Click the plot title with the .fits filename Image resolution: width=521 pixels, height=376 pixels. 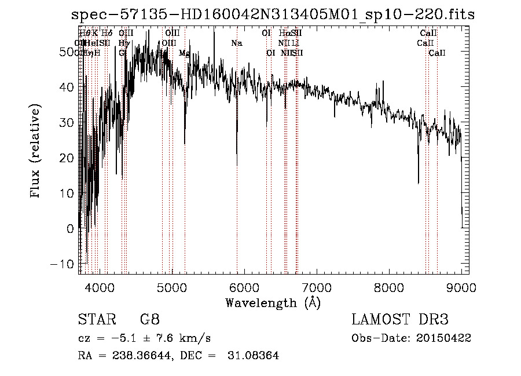272,14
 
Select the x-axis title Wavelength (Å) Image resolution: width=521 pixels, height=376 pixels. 273,302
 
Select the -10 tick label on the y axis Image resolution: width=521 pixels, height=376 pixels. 65,264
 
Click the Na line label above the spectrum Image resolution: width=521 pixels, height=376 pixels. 236,43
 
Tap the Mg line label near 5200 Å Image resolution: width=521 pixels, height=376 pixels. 184,53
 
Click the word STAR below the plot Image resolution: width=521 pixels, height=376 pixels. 93,319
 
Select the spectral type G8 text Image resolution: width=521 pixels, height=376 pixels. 150,319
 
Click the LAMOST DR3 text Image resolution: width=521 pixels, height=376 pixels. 399,319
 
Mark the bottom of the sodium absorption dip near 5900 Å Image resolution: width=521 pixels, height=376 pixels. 237,165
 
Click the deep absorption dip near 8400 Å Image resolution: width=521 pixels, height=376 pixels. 419,182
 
